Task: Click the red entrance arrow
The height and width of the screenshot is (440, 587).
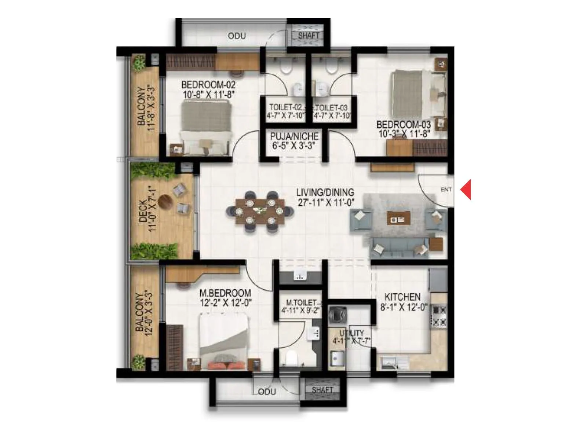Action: (x=466, y=189)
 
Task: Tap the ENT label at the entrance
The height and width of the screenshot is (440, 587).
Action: (x=446, y=190)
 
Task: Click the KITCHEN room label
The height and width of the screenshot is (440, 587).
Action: (x=402, y=297)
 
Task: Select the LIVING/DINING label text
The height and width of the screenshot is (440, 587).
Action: (x=325, y=192)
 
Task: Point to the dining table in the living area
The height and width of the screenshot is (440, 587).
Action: (x=260, y=211)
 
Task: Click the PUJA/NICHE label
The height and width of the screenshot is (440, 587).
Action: (x=294, y=137)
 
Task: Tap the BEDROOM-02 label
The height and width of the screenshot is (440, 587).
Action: (x=208, y=85)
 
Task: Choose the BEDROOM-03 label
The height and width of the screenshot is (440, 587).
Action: (x=403, y=125)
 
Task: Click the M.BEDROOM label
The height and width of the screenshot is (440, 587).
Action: (x=225, y=293)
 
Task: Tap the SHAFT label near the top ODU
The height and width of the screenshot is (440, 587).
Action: (x=309, y=36)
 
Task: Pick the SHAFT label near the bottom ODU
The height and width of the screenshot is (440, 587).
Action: (x=322, y=390)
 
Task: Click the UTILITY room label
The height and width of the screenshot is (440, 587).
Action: (x=351, y=333)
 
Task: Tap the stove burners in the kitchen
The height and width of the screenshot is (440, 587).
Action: (x=439, y=316)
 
